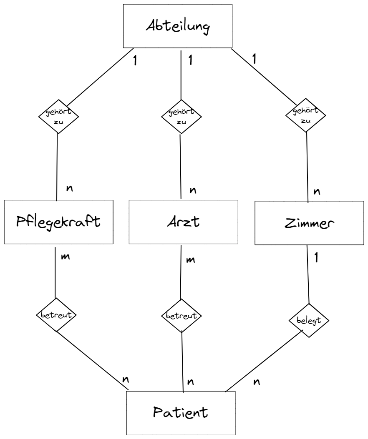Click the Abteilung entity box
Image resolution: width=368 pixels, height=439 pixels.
pyautogui.click(x=178, y=26)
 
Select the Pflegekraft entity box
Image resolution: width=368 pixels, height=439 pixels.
pyautogui.click(x=58, y=222)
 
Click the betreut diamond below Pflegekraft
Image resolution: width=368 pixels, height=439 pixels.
pyautogui.click(x=57, y=315)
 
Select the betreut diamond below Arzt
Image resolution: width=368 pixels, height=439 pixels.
pyautogui.click(x=181, y=316)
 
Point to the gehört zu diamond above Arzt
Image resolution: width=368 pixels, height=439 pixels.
pyautogui.click(x=181, y=117)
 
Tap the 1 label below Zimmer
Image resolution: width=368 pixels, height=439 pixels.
pyautogui.click(x=317, y=259)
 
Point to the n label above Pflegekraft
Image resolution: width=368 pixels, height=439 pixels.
pyautogui.click(x=69, y=189)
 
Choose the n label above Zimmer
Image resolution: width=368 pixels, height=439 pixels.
pyautogui.click(x=317, y=192)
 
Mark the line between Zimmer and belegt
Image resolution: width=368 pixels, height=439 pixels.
pyautogui.click(x=308, y=275)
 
